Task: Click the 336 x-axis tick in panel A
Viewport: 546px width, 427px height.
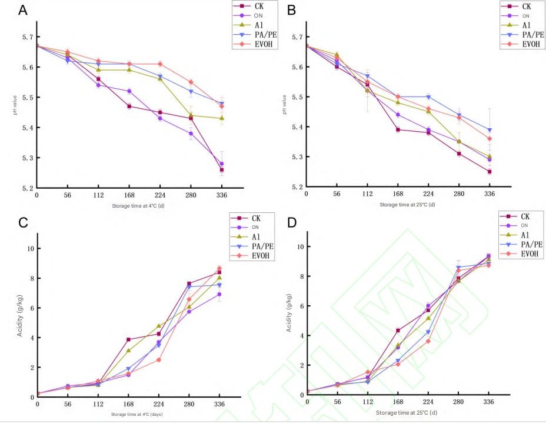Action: [221, 194]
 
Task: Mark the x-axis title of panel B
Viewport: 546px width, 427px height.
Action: [407, 205]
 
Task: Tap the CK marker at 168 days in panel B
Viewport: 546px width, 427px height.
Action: [398, 130]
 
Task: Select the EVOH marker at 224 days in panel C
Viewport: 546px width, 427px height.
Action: [159, 360]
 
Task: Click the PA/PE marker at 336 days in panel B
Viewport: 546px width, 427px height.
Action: [490, 130]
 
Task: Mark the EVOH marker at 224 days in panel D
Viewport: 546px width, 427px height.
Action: [428, 341]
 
